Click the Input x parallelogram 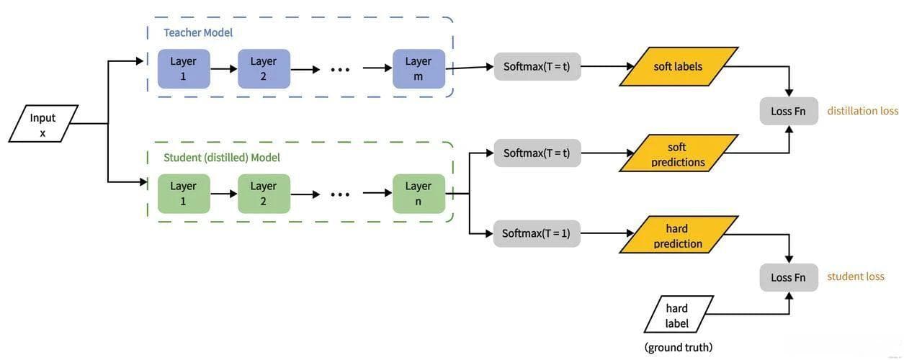[43, 124]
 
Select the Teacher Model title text [198, 32]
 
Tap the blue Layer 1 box [184, 68]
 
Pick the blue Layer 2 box [264, 68]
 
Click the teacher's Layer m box [419, 68]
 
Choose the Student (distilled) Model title [222, 157]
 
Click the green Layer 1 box [184, 193]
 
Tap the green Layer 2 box [264, 193]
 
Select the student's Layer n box [419, 193]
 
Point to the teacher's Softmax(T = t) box [537, 66]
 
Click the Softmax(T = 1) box [537, 233]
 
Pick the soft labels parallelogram [678, 66]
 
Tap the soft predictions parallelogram [678, 154]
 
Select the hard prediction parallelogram [678, 236]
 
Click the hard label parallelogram [677, 315]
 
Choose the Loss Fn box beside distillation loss [789, 111]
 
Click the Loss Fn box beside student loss [789, 277]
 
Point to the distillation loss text [863, 111]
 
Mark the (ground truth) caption [679, 347]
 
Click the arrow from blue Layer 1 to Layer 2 [223, 69]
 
